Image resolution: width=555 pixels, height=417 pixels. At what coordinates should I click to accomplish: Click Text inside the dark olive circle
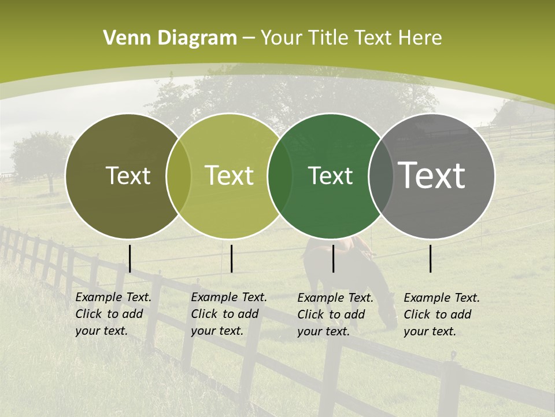tap(128, 175)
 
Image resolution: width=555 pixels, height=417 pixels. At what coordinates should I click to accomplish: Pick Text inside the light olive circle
tap(229, 175)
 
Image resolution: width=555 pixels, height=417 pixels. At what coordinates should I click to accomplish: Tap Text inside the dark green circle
tap(330, 175)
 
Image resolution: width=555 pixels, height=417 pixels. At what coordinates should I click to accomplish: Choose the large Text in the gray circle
tap(431, 175)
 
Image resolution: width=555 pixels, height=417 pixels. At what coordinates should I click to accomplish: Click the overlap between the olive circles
tap(179, 175)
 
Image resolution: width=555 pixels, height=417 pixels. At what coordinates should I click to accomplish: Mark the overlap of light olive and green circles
tap(280, 175)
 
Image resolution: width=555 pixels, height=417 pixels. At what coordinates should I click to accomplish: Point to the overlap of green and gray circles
tap(381, 175)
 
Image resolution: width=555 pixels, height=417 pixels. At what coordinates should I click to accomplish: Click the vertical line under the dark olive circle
tap(130, 258)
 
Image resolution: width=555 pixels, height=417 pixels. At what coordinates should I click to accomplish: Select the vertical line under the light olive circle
tap(231, 258)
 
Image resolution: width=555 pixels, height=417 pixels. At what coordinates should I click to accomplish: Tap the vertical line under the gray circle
tap(431, 258)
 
